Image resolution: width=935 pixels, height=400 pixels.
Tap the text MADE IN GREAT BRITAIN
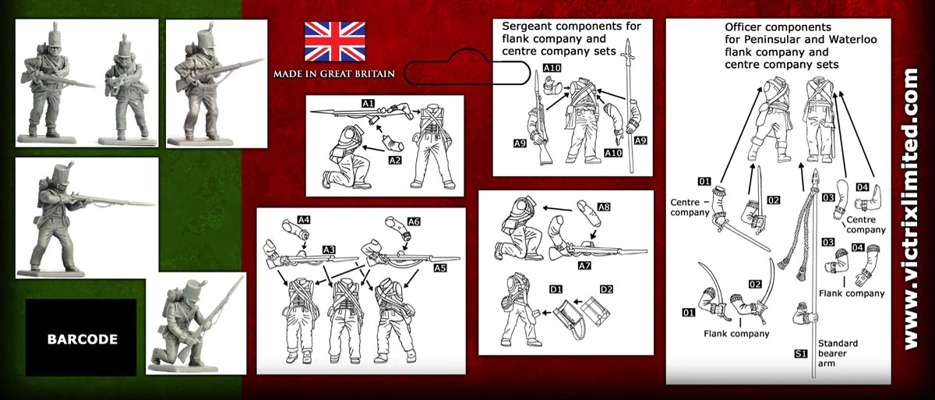point(333,74)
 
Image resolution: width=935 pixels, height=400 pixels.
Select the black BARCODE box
point(81,339)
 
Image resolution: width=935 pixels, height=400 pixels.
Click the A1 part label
point(369,103)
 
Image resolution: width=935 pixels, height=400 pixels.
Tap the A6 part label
point(414,221)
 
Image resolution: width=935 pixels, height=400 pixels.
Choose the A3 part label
point(329,249)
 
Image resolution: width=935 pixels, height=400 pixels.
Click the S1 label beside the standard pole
point(799,353)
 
